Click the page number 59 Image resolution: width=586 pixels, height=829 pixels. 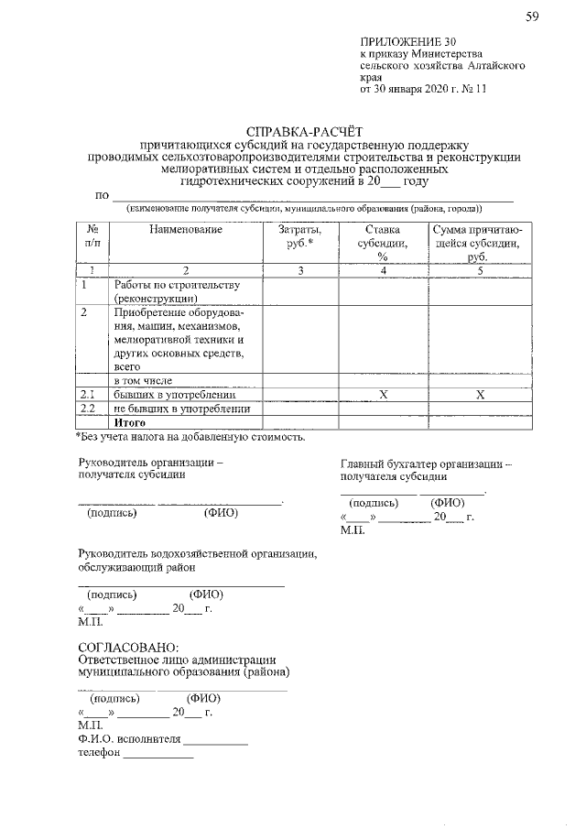tap(532, 17)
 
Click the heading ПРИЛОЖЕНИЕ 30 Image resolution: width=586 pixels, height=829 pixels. tap(407, 42)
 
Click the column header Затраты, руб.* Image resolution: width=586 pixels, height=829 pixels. tap(299, 236)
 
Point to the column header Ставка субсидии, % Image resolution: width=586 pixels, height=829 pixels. tap(383, 243)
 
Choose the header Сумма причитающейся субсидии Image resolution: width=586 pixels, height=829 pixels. tap(476, 243)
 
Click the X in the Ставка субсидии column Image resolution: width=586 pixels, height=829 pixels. tap(383, 394)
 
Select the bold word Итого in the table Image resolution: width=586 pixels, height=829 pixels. tap(130, 422)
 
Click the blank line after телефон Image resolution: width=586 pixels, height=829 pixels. tap(158, 757)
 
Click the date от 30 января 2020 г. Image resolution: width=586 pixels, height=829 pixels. tap(415, 89)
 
